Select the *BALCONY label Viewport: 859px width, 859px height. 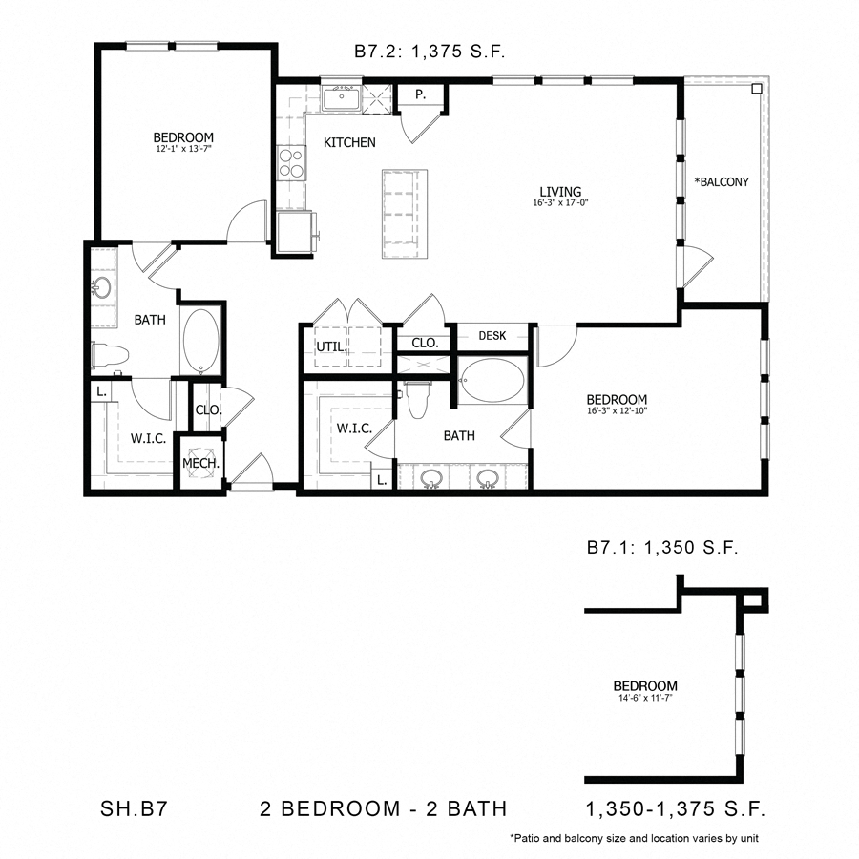click(722, 181)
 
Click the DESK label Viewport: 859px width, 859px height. click(492, 336)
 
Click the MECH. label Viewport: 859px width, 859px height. click(201, 464)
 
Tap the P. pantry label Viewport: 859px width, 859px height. click(419, 94)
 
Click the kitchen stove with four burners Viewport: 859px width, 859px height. click(290, 163)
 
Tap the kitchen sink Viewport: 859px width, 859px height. click(340, 98)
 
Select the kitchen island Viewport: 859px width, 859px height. click(404, 214)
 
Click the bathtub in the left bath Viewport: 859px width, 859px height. click(200, 341)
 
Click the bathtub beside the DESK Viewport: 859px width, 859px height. click(492, 380)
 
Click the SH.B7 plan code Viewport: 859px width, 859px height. click(137, 809)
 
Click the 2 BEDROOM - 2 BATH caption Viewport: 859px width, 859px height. click(383, 809)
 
